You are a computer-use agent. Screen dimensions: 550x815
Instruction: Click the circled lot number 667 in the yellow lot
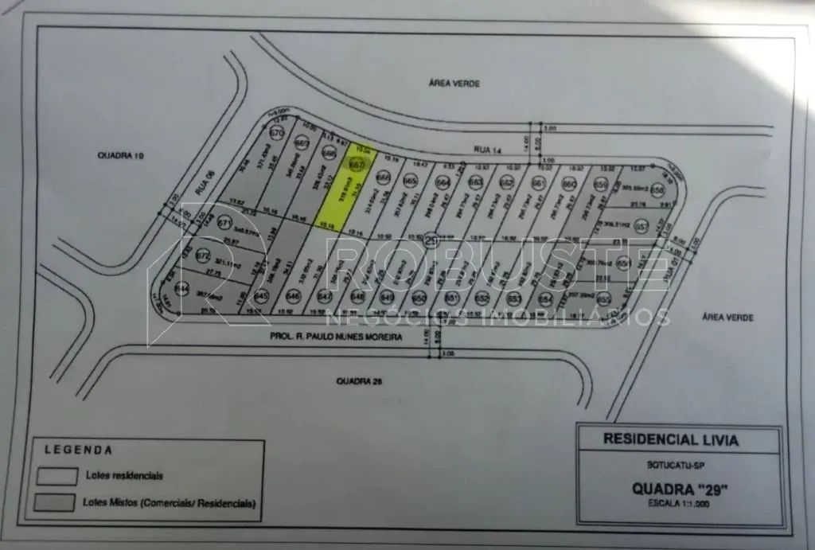[357, 165]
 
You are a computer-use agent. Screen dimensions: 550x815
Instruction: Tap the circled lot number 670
[277, 132]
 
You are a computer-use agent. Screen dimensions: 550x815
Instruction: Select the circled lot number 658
[657, 191]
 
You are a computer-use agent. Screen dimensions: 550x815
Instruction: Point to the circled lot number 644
[182, 287]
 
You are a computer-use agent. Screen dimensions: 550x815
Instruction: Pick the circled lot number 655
[604, 298]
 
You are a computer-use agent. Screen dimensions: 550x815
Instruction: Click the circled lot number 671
[224, 223]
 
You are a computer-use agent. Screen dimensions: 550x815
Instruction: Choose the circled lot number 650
[420, 298]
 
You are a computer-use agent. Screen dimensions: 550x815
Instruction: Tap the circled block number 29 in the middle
[432, 239]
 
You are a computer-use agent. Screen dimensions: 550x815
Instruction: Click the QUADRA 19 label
[117, 154]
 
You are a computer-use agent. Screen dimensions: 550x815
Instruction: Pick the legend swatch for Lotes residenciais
[54, 477]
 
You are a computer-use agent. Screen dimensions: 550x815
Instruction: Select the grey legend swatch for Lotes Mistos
[54, 504]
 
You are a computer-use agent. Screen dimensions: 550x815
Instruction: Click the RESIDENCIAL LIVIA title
[670, 439]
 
